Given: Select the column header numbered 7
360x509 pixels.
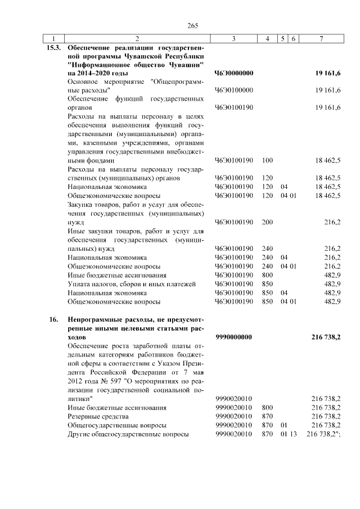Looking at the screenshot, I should [x=321, y=39].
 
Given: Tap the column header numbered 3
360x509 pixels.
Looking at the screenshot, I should [x=233, y=39].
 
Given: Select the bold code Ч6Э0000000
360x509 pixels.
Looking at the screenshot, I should [x=234, y=74].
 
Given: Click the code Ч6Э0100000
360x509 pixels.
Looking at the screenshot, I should [x=233, y=90].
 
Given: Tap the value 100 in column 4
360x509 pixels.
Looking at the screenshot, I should [x=267, y=161].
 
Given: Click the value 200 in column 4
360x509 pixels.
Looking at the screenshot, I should [x=267, y=222].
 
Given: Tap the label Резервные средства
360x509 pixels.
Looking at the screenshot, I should [x=98, y=417].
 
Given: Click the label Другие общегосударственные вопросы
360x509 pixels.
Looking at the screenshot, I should [x=127, y=435].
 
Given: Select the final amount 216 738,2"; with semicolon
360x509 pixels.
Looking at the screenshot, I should [x=325, y=435].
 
